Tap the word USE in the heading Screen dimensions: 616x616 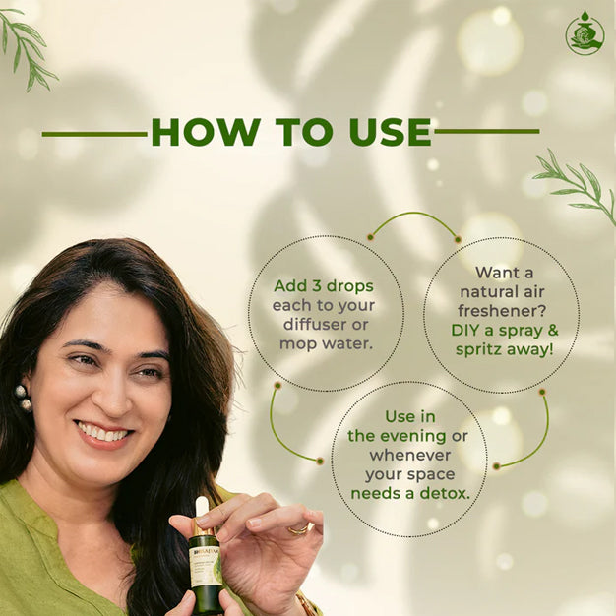point(380,132)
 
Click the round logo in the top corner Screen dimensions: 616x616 point(585,33)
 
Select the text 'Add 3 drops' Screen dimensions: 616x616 point(325,285)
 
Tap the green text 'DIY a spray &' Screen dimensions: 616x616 point(502,329)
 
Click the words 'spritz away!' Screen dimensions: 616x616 point(502,347)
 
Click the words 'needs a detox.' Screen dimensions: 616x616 point(408,492)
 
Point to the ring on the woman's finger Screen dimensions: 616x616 point(296,529)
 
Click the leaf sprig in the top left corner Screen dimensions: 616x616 point(28,44)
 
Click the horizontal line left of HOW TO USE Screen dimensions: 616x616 point(93,133)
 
